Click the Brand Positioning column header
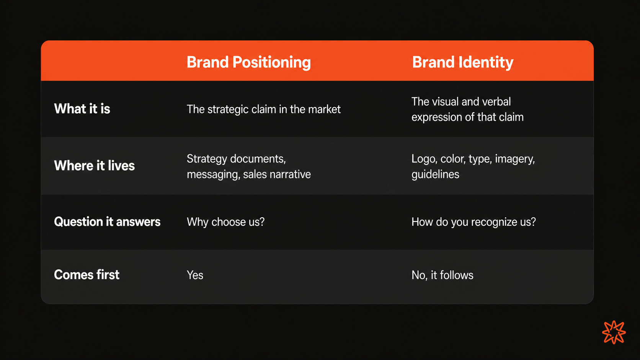248,62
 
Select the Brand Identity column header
462,62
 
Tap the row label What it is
82,109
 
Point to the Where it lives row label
94,166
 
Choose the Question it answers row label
107,222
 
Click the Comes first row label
87,275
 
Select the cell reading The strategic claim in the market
263,109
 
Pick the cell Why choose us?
226,222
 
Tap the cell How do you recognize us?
473,222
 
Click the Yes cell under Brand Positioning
195,275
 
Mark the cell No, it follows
442,275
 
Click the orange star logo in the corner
614,332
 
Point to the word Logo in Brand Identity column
424,159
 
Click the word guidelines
435,174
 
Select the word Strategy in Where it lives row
207,159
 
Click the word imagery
515,159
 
